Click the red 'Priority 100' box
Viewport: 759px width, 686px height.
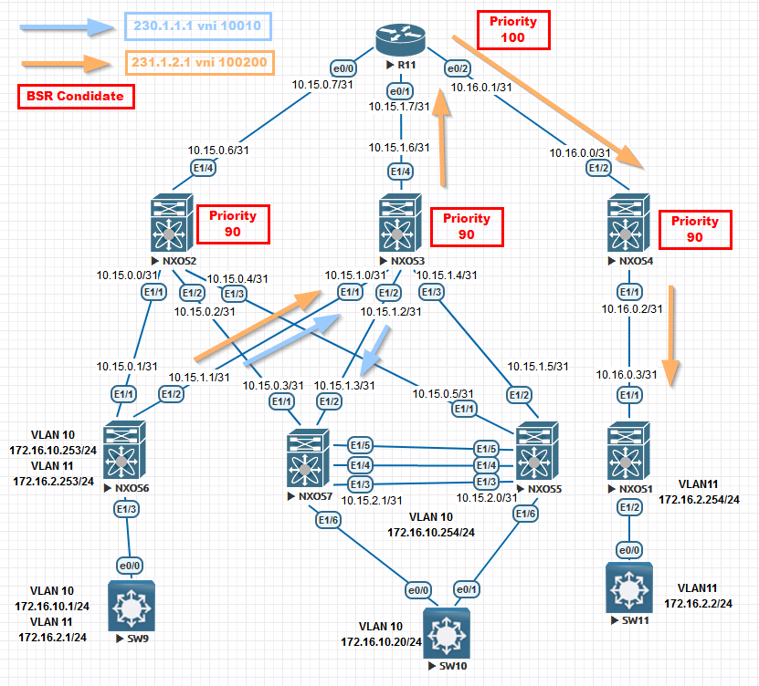click(512, 30)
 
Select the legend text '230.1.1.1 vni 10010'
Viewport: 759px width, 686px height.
click(199, 26)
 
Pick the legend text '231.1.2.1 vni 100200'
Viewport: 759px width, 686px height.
click(197, 64)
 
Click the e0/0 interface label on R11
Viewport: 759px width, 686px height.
click(343, 67)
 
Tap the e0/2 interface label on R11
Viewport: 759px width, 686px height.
click(456, 67)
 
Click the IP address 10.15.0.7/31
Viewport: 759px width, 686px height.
click(326, 85)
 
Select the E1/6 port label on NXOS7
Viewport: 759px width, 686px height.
click(329, 520)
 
